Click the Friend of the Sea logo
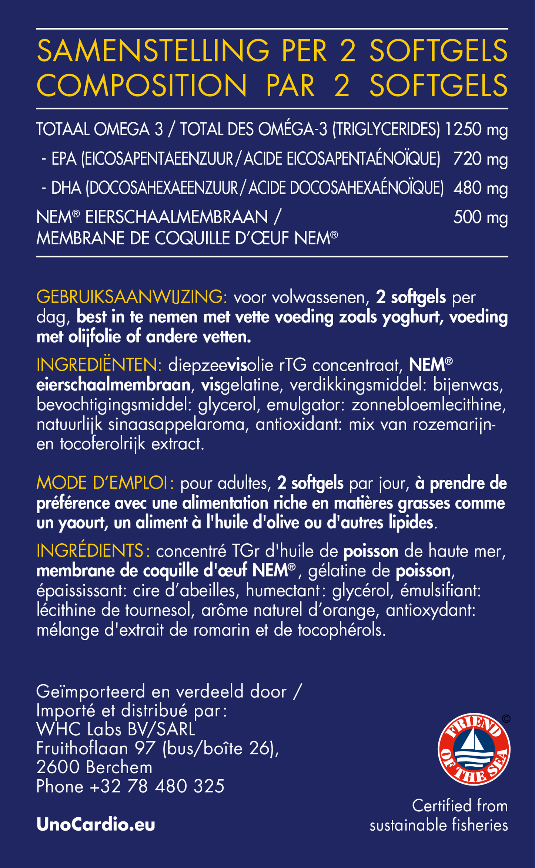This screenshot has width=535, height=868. click(474, 749)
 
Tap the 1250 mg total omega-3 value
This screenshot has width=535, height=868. click(476, 130)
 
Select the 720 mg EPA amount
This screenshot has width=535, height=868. click(480, 159)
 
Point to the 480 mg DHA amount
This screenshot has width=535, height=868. click(480, 188)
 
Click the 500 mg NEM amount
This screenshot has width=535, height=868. click(480, 217)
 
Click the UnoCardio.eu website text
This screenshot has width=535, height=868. click(96, 825)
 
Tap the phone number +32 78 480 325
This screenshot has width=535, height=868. click(157, 786)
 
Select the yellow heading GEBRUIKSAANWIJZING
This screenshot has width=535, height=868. click(131, 297)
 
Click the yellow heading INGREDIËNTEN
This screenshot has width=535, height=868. click(99, 365)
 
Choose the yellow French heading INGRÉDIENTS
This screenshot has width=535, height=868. click(93, 551)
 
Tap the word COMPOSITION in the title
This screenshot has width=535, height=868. click(142, 86)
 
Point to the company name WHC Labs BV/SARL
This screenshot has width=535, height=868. click(116, 729)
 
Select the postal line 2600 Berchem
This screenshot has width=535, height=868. click(94, 767)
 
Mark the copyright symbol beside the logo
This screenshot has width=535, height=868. click(506, 718)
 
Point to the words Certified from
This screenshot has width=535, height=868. click(459, 805)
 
